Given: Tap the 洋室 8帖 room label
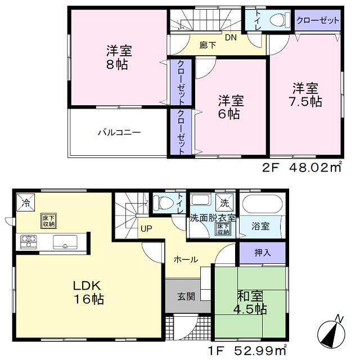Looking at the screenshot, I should click(x=119, y=57).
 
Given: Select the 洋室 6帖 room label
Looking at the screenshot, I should click(x=231, y=106).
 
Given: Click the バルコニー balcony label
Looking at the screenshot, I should click(x=119, y=133).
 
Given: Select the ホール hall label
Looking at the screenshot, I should click(x=185, y=259).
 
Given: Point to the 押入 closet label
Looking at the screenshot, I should click(x=262, y=253).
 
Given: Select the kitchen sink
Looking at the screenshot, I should click(x=66, y=242).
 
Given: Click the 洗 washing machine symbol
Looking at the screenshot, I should click(x=223, y=202).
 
